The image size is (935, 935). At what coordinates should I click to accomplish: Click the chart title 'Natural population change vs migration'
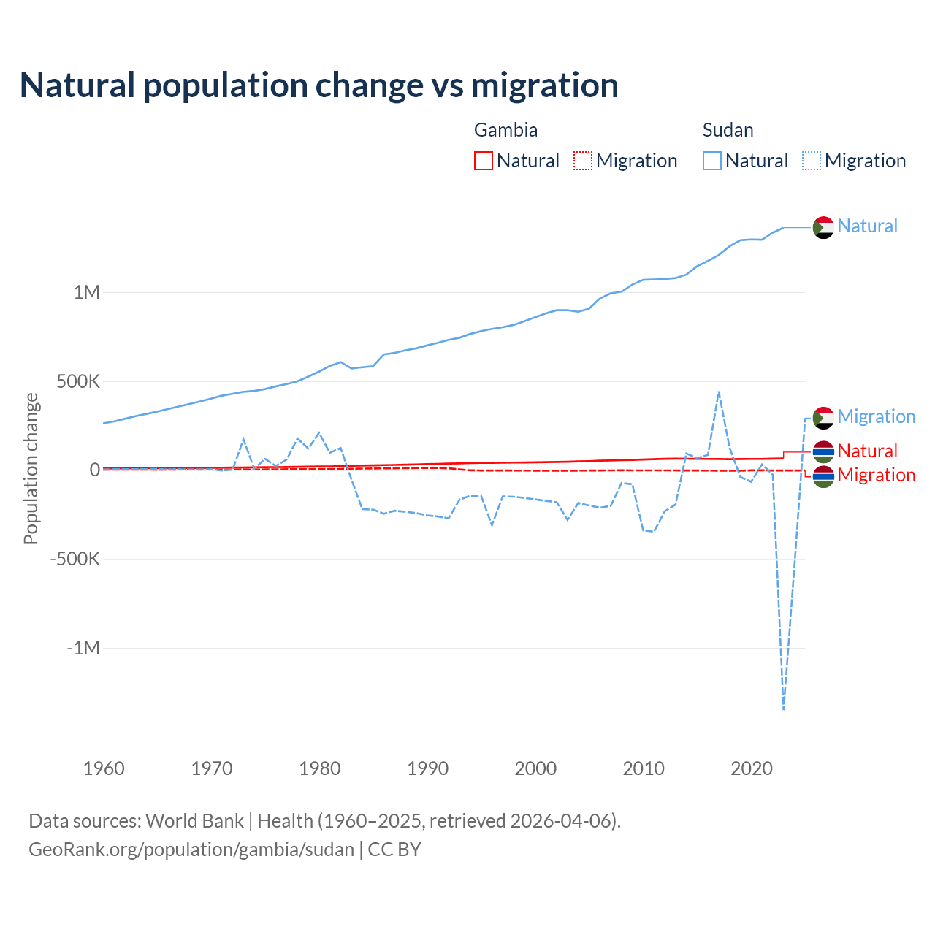pyautogui.click(x=318, y=85)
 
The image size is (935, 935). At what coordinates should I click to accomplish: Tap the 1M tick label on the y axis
pyautogui.click(x=86, y=292)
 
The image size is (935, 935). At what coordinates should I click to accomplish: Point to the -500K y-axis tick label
pyautogui.click(x=75, y=560)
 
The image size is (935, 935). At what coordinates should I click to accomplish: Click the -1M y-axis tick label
pyautogui.click(x=83, y=648)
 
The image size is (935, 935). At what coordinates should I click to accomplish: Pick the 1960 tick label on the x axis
pyautogui.click(x=104, y=768)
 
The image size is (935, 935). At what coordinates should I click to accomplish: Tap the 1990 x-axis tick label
pyautogui.click(x=427, y=768)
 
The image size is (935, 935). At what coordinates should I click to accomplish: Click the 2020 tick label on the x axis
pyautogui.click(x=751, y=768)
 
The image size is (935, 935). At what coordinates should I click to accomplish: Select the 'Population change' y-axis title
pyautogui.click(x=31, y=469)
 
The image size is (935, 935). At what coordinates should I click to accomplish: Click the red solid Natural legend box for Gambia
pyautogui.click(x=484, y=161)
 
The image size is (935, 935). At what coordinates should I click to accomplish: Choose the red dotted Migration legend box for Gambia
pyautogui.click(x=583, y=161)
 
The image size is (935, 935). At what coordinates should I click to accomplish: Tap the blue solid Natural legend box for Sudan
pyautogui.click(x=712, y=161)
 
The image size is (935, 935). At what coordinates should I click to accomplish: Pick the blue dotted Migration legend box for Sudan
pyautogui.click(x=812, y=161)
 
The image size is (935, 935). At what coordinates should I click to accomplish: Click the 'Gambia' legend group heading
pyautogui.click(x=505, y=130)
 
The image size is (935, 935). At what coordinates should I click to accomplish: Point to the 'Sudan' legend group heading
pyautogui.click(x=728, y=130)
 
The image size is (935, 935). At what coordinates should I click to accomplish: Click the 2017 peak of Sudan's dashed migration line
pyautogui.click(x=719, y=392)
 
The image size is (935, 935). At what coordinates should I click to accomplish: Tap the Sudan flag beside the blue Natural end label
pyautogui.click(x=823, y=227)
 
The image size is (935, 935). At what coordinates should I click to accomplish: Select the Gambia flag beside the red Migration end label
pyautogui.click(x=823, y=476)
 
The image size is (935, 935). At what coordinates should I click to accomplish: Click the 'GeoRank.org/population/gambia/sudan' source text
pyautogui.click(x=191, y=850)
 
